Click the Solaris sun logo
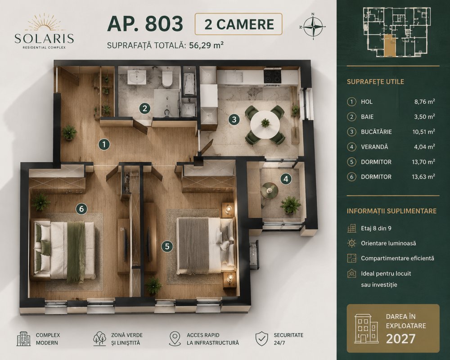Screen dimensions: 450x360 (x=44, y=23)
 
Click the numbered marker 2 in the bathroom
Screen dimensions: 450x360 (x=144, y=108)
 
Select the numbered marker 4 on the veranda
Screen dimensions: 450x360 (x=286, y=179)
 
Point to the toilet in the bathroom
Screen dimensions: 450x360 (x=167, y=78)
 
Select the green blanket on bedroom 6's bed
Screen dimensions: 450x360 (x=76, y=252)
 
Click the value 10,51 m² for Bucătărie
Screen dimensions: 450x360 (x=423, y=132)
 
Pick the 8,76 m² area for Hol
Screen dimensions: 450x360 (x=424, y=102)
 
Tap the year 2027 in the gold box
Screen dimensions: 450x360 (x=400, y=339)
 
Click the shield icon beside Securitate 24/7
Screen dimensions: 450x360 (x=261, y=338)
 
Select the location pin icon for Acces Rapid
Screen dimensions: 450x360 (x=175, y=339)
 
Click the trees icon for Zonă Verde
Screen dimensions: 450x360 (x=99, y=338)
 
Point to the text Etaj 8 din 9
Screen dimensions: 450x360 (x=376, y=229)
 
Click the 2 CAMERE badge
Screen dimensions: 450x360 (x=238, y=24)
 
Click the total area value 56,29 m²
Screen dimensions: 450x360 (x=207, y=45)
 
